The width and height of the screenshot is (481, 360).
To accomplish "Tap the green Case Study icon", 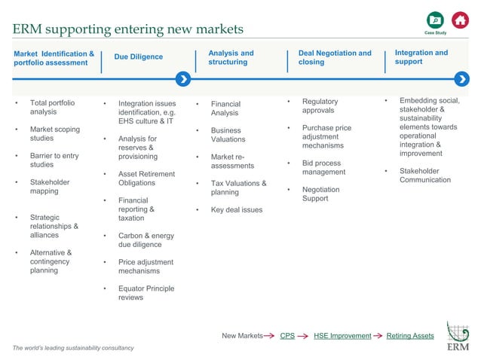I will pos(435,21).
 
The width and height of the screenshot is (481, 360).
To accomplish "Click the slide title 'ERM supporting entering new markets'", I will pos(128,29).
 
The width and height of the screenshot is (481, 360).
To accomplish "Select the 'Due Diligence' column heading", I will pos(138,57).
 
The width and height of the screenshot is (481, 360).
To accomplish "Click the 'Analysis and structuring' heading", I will pos(230,58).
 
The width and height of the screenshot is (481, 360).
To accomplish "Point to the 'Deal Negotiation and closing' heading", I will pos(335,58).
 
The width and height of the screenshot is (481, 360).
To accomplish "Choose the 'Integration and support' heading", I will pos(421,57).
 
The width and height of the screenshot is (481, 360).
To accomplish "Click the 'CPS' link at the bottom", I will pos(286,336).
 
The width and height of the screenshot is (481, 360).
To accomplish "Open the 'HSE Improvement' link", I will pos(342,336).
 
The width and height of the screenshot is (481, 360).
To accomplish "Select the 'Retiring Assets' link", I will pos(409,336).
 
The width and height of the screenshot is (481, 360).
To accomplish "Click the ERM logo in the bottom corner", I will pos(458,337).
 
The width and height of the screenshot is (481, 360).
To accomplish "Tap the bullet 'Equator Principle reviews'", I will pos(146,293).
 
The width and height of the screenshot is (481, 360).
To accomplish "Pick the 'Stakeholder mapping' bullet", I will pos(50,187).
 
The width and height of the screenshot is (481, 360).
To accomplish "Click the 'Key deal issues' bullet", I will pos(237,210).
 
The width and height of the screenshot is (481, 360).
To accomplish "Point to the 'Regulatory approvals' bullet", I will pos(320,105).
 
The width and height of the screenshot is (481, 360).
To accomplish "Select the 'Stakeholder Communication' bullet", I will pos(424,175).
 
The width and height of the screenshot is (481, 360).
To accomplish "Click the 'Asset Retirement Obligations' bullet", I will pos(146,178).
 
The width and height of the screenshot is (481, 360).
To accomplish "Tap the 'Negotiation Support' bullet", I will pos(320,194).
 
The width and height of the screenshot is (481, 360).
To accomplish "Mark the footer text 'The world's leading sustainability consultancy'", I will pos(73,348).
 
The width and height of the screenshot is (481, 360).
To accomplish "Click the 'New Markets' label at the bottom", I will pos(242,336).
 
